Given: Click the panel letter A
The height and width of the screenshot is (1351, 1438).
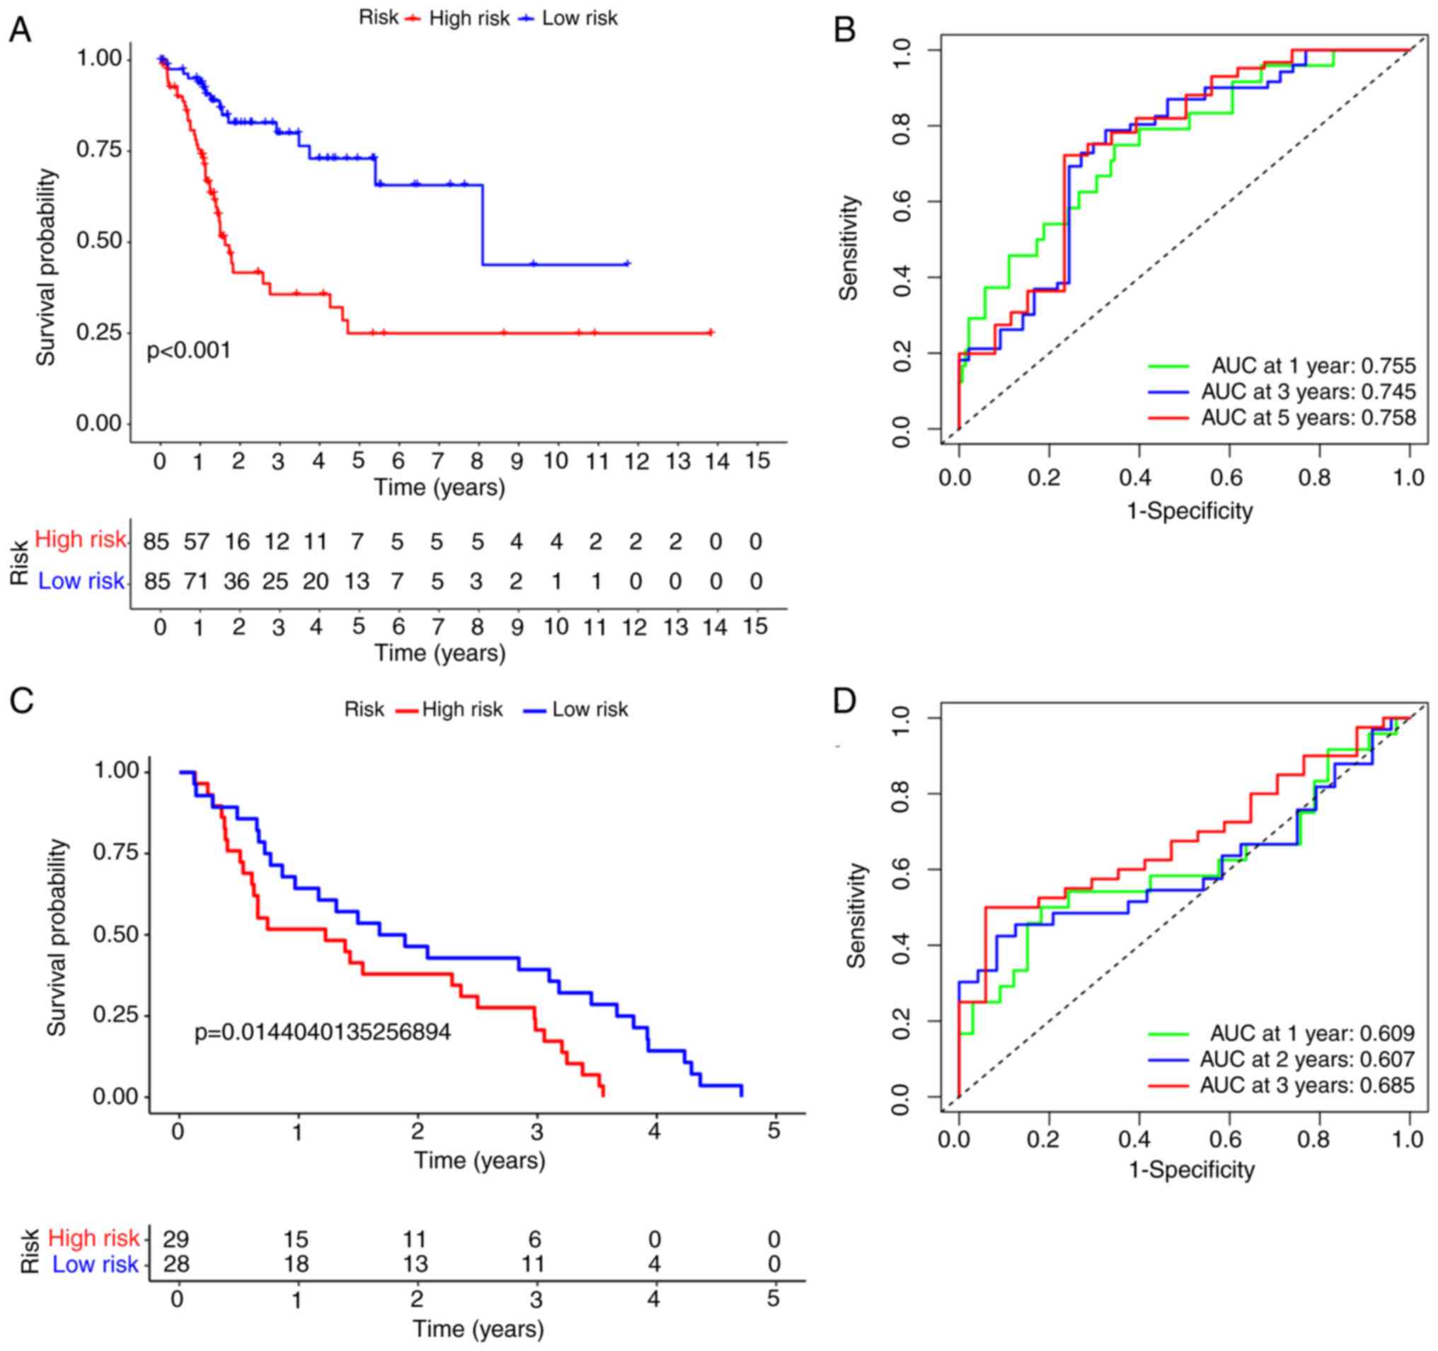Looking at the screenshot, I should [x=20, y=30].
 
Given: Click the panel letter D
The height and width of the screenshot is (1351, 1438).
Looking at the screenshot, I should [x=844, y=701].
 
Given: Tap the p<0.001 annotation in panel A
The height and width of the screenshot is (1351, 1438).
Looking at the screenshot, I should [x=189, y=351].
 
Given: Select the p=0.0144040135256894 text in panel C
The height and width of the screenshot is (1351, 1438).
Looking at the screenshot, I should [x=323, y=1031].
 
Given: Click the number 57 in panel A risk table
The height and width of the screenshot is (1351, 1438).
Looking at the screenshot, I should [x=196, y=541].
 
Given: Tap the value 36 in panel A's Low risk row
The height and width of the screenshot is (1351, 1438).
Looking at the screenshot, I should [x=236, y=582].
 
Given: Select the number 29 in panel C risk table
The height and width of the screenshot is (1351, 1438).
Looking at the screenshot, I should [x=175, y=1240].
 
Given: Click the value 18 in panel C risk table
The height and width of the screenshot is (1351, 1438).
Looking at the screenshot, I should [x=296, y=1264].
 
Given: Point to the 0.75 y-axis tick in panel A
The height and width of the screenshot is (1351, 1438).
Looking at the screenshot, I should [x=99, y=150].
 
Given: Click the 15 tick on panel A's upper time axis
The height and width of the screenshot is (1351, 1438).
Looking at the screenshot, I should [x=757, y=461].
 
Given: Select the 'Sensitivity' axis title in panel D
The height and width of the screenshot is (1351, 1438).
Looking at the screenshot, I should [x=856, y=916].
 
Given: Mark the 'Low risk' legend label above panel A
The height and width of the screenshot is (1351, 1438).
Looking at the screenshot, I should [x=580, y=18].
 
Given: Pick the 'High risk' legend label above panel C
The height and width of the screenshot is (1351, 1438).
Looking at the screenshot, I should [x=461, y=710].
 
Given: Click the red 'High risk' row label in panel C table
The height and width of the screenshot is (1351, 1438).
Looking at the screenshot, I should [x=93, y=1238].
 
